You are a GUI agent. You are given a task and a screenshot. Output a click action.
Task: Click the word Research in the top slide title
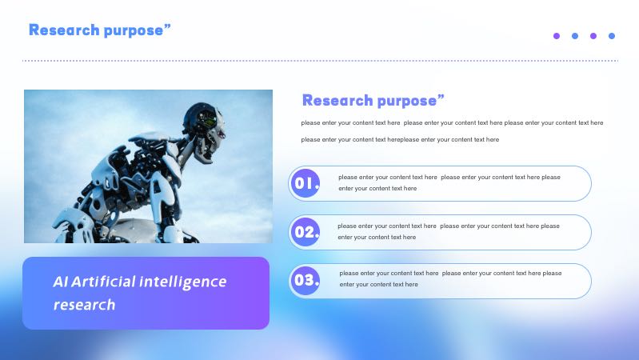[64, 30]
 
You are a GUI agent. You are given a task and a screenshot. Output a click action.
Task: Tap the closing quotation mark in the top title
[167, 28]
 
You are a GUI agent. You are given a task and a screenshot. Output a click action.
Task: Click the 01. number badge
[306, 184]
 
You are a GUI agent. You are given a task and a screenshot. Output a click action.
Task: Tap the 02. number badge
[306, 233]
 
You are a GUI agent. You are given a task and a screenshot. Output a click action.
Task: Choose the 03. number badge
[306, 281]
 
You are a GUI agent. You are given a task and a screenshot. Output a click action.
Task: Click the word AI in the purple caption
[61, 282]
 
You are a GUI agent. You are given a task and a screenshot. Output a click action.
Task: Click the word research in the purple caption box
[84, 305]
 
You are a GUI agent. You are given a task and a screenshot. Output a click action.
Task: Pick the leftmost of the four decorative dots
[557, 36]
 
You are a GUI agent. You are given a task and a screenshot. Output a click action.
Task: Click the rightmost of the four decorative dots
[612, 36]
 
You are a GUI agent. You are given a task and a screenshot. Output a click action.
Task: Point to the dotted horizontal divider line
[320, 60]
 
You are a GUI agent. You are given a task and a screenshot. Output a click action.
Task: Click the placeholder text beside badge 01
[449, 182]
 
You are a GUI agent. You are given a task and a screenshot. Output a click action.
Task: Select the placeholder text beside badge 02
[448, 231]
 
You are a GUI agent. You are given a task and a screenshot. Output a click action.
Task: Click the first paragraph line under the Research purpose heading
[452, 122]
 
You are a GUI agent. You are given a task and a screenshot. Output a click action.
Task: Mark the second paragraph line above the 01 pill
[400, 139]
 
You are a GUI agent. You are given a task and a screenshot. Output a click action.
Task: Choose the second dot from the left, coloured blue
[575, 36]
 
